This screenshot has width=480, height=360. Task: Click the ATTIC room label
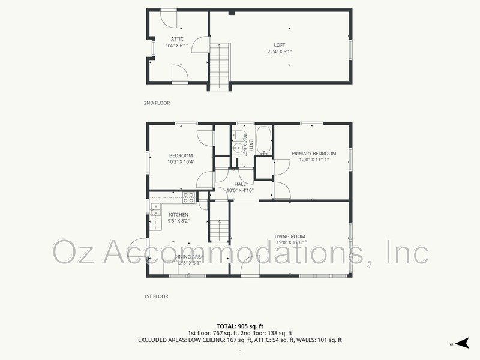(x=177, y=39)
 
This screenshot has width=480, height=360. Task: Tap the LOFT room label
(x=280, y=44)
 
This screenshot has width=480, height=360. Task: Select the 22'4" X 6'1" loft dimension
(x=280, y=52)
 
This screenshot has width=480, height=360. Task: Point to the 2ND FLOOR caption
(x=157, y=103)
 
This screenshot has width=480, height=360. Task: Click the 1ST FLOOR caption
(x=155, y=296)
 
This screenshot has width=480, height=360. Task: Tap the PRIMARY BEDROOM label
(x=314, y=153)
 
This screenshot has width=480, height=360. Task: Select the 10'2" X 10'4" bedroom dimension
(x=180, y=162)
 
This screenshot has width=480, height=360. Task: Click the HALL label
(x=240, y=184)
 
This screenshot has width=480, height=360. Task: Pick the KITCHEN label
(x=178, y=214)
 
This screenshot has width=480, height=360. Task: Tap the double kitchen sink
(x=155, y=209)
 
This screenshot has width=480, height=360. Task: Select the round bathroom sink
(x=238, y=146)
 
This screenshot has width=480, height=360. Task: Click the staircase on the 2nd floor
(x=220, y=67)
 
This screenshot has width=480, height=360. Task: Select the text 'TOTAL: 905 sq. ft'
(x=239, y=326)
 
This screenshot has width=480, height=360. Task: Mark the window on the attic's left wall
(x=150, y=46)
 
